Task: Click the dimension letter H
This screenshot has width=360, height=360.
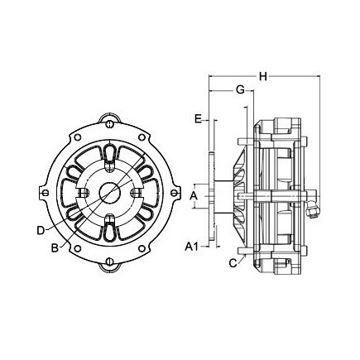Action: coord(262,76)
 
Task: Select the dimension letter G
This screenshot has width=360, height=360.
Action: coord(238,89)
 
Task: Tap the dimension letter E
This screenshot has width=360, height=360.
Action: coord(198,119)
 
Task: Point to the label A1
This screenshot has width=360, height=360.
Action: coord(190,247)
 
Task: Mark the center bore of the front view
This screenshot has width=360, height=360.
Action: coord(108,192)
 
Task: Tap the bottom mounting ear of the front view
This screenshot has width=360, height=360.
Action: coord(108,266)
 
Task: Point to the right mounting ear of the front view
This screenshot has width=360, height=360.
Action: coord(178,192)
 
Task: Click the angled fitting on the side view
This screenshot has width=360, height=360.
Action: coord(310,210)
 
